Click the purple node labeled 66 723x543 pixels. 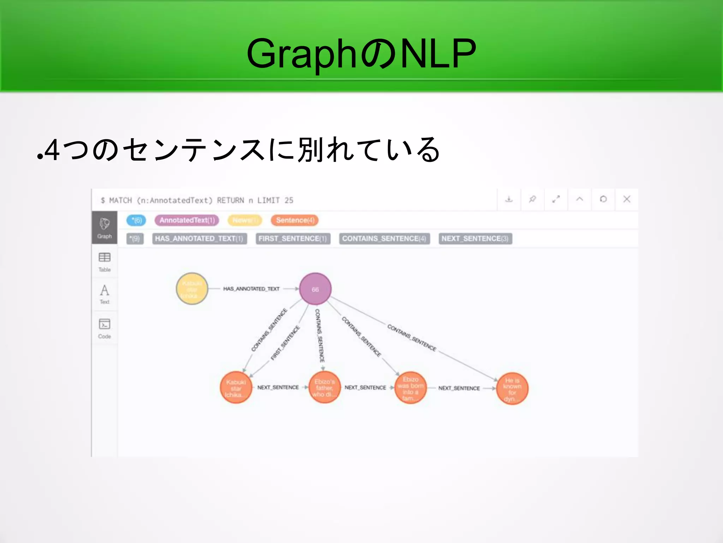(315, 289)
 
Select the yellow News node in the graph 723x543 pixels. (192, 289)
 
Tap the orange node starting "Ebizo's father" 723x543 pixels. (324, 388)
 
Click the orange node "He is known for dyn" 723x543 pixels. (512, 389)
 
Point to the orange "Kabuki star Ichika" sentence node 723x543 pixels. (236, 388)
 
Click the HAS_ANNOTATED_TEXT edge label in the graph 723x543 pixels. (251, 289)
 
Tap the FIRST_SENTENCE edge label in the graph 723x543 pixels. (285, 343)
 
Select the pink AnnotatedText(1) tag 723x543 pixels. (187, 220)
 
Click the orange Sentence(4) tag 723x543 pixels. (295, 220)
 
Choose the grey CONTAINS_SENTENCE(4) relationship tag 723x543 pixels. (384, 239)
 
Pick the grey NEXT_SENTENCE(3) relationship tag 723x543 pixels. (475, 239)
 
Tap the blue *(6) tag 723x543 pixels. (136, 220)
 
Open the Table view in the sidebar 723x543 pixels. (104, 262)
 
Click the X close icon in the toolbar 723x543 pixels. (627, 199)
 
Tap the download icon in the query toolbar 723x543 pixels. (509, 199)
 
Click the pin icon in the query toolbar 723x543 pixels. (532, 199)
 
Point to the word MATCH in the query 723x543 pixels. (120, 200)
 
